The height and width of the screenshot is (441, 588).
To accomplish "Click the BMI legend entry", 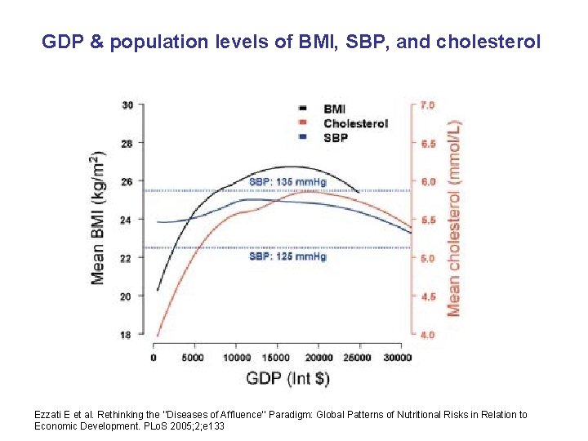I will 333,109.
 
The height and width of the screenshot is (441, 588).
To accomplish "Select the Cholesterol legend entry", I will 354,123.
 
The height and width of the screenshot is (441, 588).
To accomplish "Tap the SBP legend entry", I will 335,137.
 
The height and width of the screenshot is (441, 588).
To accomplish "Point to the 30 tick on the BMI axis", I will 128,105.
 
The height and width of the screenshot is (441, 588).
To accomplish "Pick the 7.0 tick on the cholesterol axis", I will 427,105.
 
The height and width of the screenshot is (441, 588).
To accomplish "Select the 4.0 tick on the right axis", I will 427,335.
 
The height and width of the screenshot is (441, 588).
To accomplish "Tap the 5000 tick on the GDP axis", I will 194,357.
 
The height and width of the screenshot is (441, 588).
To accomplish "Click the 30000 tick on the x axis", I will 397,357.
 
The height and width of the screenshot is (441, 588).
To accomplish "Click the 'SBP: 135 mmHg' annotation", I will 287,182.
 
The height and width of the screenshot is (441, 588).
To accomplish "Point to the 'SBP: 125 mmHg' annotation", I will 287,256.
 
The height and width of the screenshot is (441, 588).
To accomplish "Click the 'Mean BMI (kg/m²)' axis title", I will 99,217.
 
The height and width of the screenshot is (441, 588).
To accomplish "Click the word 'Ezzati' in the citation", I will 48,415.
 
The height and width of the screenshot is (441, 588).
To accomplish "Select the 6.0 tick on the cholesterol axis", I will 427,181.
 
